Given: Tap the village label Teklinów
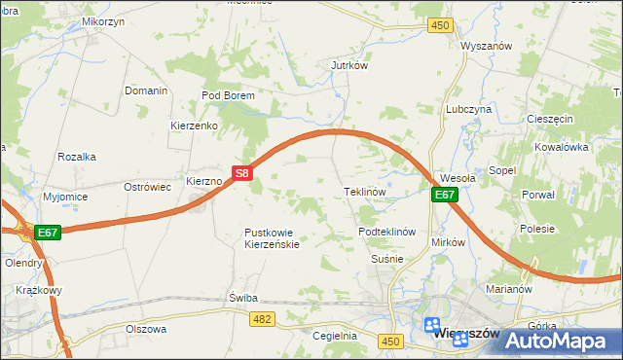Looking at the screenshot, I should [x=366, y=192].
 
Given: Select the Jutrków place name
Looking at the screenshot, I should [x=348, y=66].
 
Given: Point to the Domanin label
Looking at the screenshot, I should [x=146, y=90].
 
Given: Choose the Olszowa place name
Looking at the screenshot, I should [x=146, y=329].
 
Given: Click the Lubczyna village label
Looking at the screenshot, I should [x=468, y=110].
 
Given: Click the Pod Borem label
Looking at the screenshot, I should [x=228, y=95].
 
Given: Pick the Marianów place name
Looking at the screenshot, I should [x=506, y=289].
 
